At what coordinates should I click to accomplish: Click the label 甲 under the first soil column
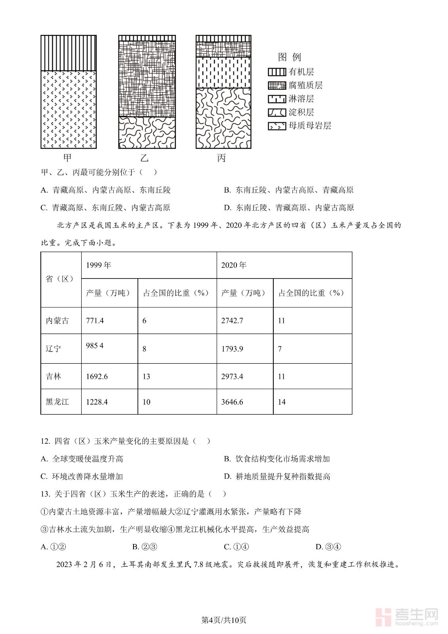pos(67,158)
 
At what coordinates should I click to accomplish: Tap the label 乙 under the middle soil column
pos(144,158)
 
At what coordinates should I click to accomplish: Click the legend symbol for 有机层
pos(277,72)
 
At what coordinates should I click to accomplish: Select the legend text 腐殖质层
pos(305,85)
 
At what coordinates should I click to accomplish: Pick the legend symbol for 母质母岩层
pos(277,126)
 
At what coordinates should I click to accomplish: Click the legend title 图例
pos(290,57)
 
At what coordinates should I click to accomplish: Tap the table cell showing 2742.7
pos(232,321)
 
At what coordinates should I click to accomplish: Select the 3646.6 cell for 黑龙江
pos(232,402)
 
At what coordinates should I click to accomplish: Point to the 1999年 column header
pos(99,265)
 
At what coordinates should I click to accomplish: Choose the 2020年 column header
pos(234,265)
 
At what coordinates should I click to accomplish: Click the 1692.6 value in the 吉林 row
pos(97,376)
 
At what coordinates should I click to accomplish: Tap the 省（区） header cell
pos(60,279)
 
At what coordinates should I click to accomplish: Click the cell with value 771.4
pos(95,321)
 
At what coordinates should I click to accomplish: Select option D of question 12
pos(277,476)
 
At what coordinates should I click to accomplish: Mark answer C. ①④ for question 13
pos(236,547)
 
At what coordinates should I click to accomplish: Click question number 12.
pos(45,441)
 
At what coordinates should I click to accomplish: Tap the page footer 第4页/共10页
pos(224,620)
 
